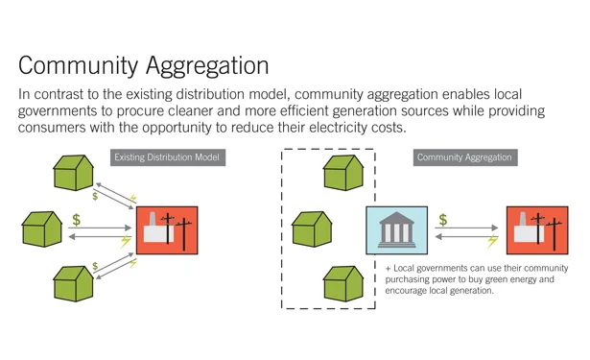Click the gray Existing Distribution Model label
167,156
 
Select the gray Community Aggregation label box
464,156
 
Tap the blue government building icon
396,231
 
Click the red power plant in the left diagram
166,230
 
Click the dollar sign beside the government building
443,221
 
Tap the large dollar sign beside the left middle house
76,221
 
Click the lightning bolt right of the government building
493,242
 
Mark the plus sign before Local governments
388,268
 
